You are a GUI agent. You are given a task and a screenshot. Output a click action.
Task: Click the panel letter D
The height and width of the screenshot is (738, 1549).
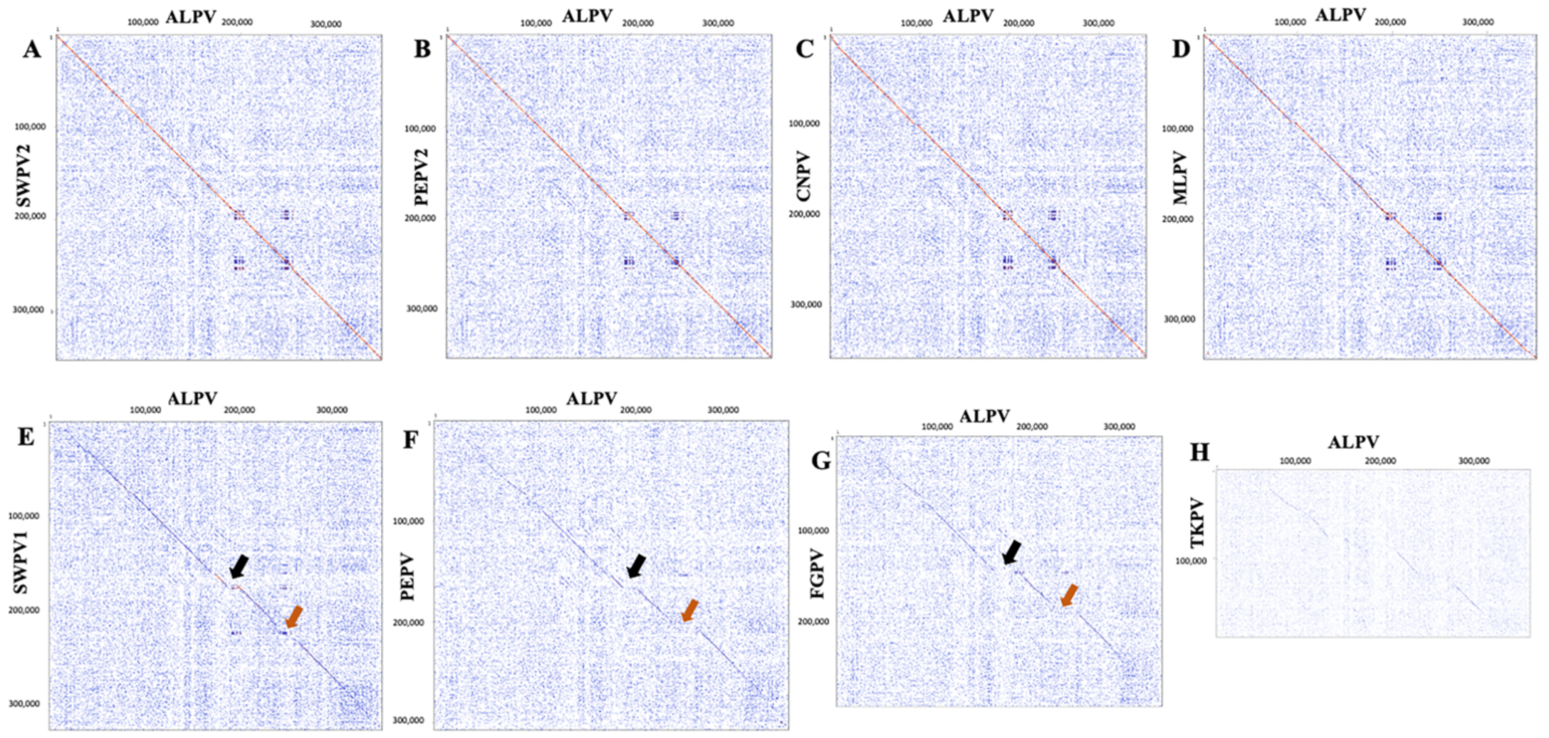coord(1180,49)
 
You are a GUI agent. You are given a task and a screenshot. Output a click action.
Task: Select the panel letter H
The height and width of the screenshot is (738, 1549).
coord(1199,452)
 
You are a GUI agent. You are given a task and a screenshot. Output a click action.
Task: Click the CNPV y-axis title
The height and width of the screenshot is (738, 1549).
coord(803,176)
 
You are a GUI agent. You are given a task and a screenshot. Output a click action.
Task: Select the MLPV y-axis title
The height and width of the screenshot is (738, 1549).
coord(1180,178)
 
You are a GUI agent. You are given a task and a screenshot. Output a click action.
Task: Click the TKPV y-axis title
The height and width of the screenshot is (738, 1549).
coord(1198,523)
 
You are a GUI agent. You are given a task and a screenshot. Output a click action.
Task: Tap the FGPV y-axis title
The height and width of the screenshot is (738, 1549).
coord(818,573)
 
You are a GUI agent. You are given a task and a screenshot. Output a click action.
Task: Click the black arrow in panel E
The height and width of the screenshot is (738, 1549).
coord(239,566)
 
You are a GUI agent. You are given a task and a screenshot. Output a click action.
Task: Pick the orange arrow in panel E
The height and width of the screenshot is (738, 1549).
coord(294,617)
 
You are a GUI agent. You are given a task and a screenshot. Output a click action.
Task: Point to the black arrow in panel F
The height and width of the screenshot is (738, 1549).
coord(636,565)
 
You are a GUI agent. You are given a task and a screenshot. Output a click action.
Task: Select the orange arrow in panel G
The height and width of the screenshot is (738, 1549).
coord(1069,595)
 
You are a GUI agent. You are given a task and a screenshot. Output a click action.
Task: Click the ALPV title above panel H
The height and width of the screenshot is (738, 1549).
coord(1353,442)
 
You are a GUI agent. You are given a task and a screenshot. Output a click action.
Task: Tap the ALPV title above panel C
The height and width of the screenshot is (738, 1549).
coord(968,17)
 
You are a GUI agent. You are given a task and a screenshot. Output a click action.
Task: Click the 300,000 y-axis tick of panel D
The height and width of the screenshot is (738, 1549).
coord(1179,319)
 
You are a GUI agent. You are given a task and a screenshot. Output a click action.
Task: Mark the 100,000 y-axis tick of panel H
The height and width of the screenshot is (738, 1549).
coord(1191,561)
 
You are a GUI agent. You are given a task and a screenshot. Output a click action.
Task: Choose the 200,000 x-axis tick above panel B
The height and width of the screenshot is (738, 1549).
coord(637,23)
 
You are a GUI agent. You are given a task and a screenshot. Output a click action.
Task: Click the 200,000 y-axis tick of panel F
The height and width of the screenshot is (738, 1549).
coord(408,622)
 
